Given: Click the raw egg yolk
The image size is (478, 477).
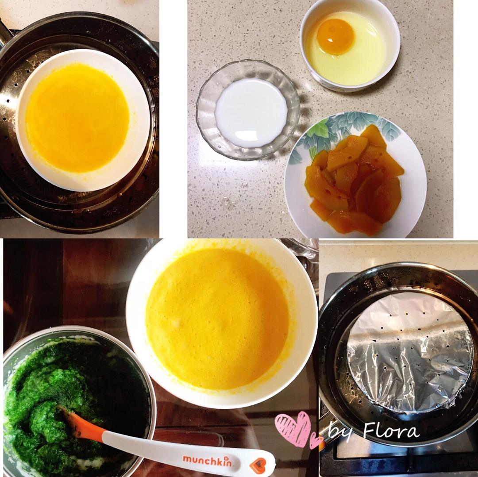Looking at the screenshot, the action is (x=335, y=36).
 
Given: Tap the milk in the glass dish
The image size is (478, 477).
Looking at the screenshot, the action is (x=251, y=112).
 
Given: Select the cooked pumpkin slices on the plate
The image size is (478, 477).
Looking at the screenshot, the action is (x=354, y=180).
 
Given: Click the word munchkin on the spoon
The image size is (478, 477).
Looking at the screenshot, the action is (x=207, y=460).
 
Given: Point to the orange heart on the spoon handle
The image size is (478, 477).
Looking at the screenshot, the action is (x=257, y=465).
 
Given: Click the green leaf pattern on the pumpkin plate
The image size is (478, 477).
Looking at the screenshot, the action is (x=341, y=128).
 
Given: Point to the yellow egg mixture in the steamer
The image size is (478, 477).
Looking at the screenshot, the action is (x=78, y=118).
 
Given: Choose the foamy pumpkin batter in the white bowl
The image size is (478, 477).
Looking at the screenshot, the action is (x=217, y=319).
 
